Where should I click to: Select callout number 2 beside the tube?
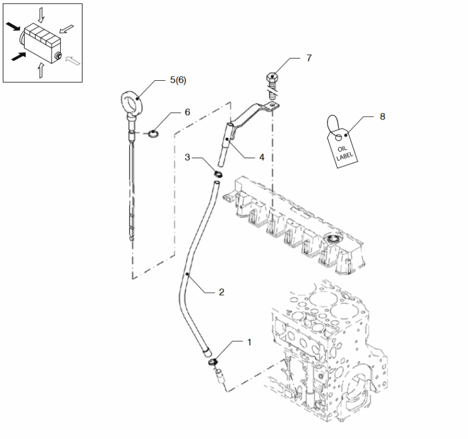tap(222, 291)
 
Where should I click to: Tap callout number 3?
tap(188, 157)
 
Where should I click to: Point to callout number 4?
tap(262, 157)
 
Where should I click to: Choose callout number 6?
tap(187, 111)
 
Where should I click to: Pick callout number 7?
tap(309, 58)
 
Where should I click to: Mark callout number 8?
tap(382, 116)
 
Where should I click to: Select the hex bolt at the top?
tap(272, 78)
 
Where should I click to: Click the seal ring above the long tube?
tap(217, 173)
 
